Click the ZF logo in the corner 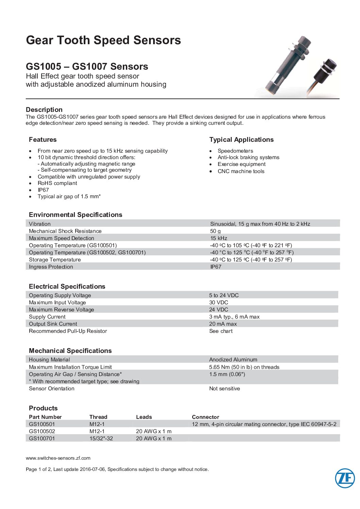345,478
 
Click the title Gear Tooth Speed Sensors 103,40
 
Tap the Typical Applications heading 241,140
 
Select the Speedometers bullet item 235,151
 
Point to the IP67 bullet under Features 43,190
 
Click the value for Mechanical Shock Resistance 215,231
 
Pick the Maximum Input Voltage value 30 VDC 218,303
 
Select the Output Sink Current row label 53,324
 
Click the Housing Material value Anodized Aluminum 233,360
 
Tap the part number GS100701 42,439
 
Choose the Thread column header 98,417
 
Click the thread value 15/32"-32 101,439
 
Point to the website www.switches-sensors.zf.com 58,458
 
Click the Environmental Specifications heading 76,215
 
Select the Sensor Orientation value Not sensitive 225,389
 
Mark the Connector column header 206,417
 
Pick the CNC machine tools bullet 241,171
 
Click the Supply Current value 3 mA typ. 234,317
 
